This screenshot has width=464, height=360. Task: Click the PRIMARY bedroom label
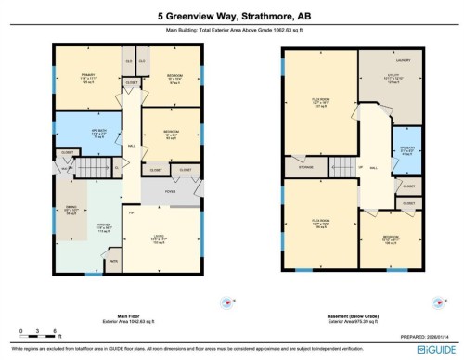89,78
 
